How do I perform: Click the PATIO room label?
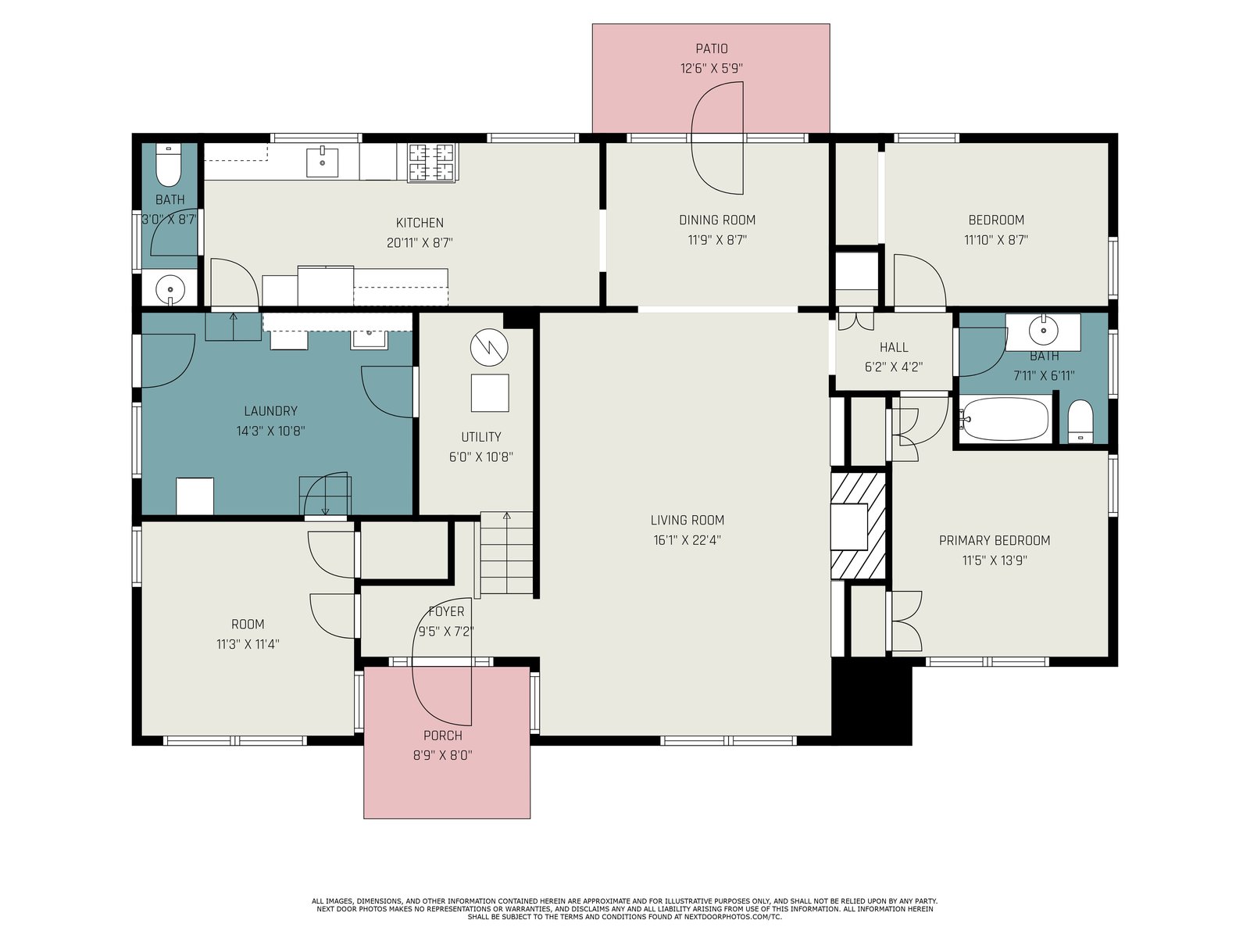click(x=711, y=48)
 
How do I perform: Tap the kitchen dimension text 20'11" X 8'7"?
click(x=420, y=242)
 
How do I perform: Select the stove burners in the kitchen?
click(x=432, y=163)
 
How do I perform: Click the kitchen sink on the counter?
click(x=323, y=163)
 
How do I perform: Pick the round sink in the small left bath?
click(x=170, y=289)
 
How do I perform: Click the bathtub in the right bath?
click(x=1005, y=419)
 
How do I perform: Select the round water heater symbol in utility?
click(x=489, y=348)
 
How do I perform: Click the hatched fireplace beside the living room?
click(x=858, y=525)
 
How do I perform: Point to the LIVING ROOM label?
click(x=687, y=520)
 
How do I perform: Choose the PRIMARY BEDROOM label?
click(x=995, y=540)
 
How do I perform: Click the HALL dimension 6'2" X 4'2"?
click(x=894, y=367)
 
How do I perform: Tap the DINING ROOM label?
click(x=717, y=220)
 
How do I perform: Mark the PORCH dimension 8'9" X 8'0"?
click(x=442, y=755)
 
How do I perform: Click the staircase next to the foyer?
click(x=507, y=553)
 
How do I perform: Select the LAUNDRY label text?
click(x=270, y=410)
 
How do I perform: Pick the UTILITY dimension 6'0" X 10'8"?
click(x=481, y=456)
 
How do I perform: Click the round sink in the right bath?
click(x=1043, y=329)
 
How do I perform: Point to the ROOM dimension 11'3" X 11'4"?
click(x=248, y=644)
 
